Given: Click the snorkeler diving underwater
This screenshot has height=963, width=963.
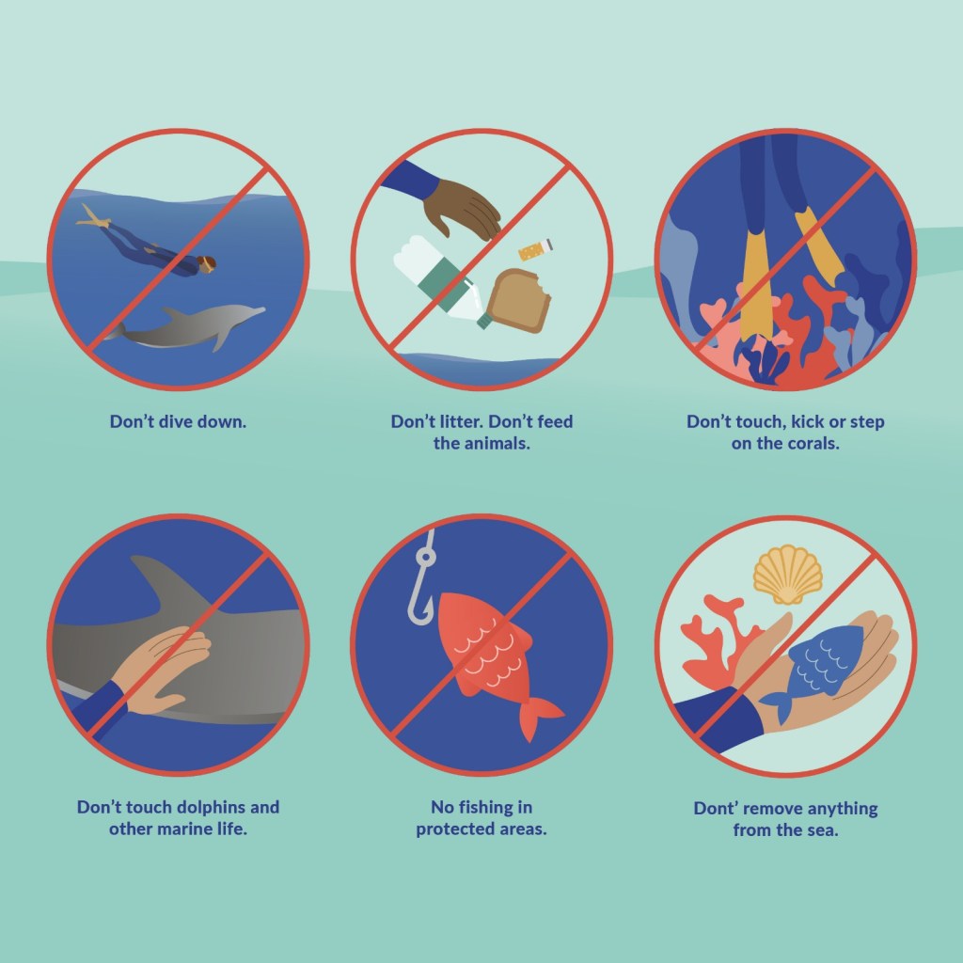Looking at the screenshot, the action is point(148,245).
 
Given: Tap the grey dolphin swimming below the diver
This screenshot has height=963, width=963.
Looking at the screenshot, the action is point(184,327).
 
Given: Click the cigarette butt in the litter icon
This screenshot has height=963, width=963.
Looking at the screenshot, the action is point(535,249).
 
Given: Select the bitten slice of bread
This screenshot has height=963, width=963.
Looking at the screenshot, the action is point(516,301).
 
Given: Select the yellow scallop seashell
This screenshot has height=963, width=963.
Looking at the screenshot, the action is point(788,575).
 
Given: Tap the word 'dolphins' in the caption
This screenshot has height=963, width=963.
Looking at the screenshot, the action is point(212,807).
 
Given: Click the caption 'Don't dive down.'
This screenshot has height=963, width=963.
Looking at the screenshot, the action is point(178,421).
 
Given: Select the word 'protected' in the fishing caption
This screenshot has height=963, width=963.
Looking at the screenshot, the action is point(455,829).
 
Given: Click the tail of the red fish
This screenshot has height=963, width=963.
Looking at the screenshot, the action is point(539,718).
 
